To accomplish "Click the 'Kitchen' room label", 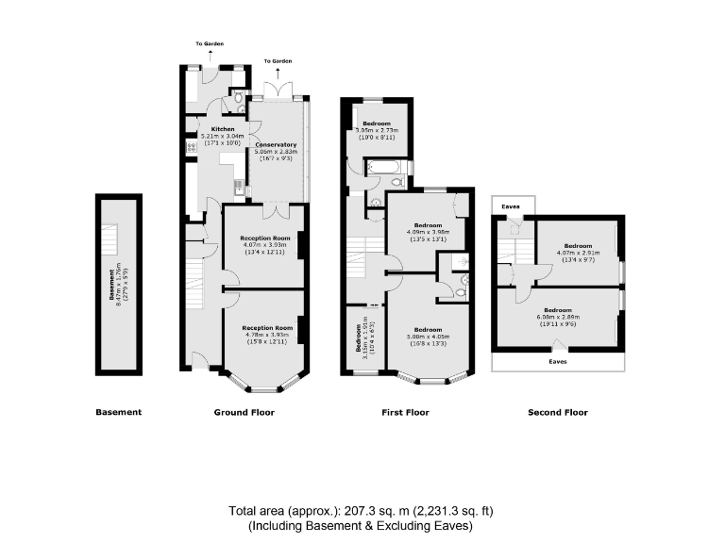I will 223,129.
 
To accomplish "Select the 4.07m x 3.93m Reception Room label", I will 264,239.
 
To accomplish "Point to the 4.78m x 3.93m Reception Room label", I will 264,327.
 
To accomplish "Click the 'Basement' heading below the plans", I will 118,412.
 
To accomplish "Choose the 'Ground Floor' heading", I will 244,412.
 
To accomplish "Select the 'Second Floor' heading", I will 558,412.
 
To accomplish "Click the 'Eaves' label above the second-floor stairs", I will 512,205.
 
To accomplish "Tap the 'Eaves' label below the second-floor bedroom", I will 559,360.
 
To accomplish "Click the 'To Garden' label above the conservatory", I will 278,61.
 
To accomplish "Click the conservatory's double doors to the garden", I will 278,90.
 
